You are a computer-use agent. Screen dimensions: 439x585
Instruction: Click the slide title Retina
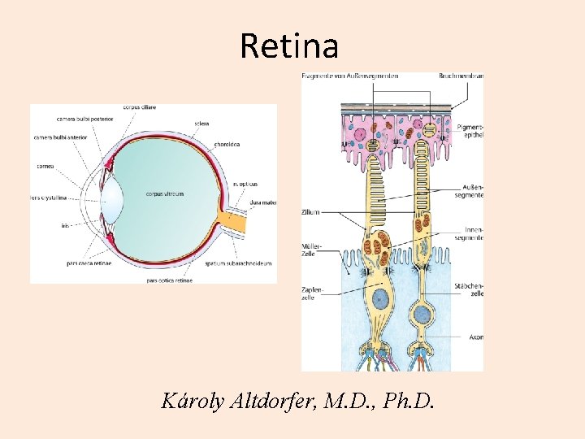[289, 46]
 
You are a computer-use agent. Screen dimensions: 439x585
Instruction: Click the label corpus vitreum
[165, 194]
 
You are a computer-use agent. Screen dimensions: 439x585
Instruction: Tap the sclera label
[201, 124]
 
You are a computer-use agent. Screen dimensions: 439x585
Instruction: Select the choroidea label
[227, 144]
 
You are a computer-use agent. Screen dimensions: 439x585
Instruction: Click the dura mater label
[263, 202]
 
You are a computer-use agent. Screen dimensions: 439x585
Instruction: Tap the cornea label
[45, 166]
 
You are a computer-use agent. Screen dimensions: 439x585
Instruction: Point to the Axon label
[475, 336]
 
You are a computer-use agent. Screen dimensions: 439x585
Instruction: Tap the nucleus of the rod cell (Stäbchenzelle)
[422, 313]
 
